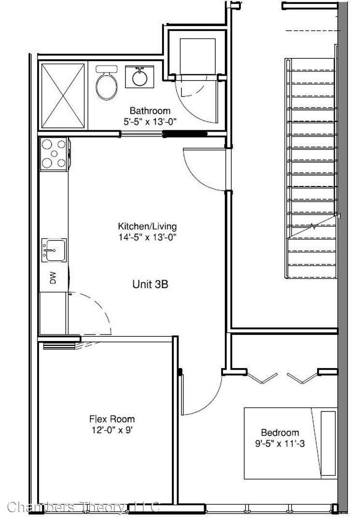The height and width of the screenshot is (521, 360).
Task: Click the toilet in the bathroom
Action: tap(106, 83)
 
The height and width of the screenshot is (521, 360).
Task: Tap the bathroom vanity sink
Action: tap(139, 77)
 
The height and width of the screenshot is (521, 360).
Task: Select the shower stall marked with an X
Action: tap(63, 96)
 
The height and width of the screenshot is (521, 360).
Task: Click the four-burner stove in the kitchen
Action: tap(55, 154)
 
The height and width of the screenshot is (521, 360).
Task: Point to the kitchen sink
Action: tap(54, 249)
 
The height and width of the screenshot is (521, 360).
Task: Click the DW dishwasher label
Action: tap(53, 278)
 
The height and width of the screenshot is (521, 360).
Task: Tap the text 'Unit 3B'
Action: tap(150, 284)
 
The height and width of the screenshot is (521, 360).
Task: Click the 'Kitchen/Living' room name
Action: tap(147, 226)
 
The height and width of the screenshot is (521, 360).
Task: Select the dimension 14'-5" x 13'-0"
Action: tap(147, 237)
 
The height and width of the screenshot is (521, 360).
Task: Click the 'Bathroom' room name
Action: tap(150, 110)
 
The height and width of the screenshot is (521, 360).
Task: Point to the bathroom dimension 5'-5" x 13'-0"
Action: tap(150, 122)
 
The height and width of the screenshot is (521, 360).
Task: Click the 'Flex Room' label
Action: tap(112, 419)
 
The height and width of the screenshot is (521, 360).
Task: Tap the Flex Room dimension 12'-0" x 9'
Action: tap(112, 430)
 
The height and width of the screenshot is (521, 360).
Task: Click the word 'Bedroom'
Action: tap(280, 432)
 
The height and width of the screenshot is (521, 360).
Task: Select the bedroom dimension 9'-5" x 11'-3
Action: tap(280, 443)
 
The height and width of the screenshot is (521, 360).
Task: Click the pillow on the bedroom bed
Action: tap(328, 443)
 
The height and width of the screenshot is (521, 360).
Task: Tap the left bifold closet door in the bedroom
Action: tap(262, 378)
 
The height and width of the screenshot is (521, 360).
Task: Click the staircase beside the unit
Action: tap(311, 168)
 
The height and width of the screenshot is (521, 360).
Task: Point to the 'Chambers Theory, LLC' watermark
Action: tap(83, 507)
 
